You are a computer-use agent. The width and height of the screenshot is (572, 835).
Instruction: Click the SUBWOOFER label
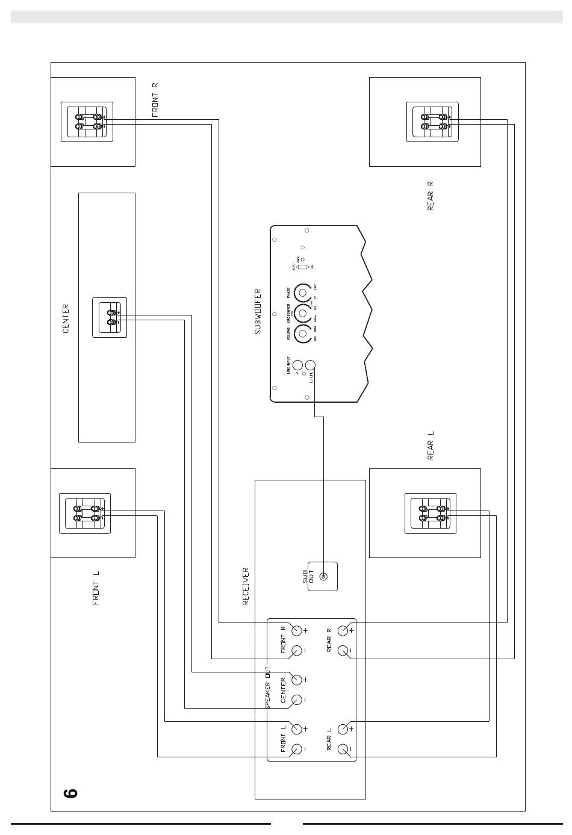click(258, 312)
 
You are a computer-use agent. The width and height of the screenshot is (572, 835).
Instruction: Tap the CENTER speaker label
click(66, 318)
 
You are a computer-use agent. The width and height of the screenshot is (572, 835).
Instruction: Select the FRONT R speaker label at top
click(155, 100)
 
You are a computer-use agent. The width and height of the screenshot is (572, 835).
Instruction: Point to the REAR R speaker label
click(430, 196)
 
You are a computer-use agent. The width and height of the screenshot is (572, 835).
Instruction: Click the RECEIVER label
click(246, 586)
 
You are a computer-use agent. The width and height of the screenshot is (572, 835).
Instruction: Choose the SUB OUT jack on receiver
click(323, 577)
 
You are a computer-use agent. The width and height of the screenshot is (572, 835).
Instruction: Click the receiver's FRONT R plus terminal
click(297, 630)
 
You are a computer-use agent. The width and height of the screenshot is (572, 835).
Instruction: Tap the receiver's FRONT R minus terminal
click(297, 651)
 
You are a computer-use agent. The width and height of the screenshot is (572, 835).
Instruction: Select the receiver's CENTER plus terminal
click(297, 680)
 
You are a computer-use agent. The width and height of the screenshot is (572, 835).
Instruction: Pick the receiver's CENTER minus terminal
click(297, 700)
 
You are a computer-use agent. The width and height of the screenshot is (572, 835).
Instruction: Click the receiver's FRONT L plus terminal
click(297, 729)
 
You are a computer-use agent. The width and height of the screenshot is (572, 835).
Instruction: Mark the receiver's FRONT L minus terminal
click(297, 750)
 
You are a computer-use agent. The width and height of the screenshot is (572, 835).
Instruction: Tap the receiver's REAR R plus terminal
click(343, 630)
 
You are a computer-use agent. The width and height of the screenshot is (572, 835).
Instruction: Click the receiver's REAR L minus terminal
click(343, 750)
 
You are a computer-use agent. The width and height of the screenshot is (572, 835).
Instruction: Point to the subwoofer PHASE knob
click(303, 294)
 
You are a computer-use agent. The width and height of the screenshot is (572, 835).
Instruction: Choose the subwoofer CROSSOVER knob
click(303, 314)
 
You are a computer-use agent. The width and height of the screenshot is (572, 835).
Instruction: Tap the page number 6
click(70, 793)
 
